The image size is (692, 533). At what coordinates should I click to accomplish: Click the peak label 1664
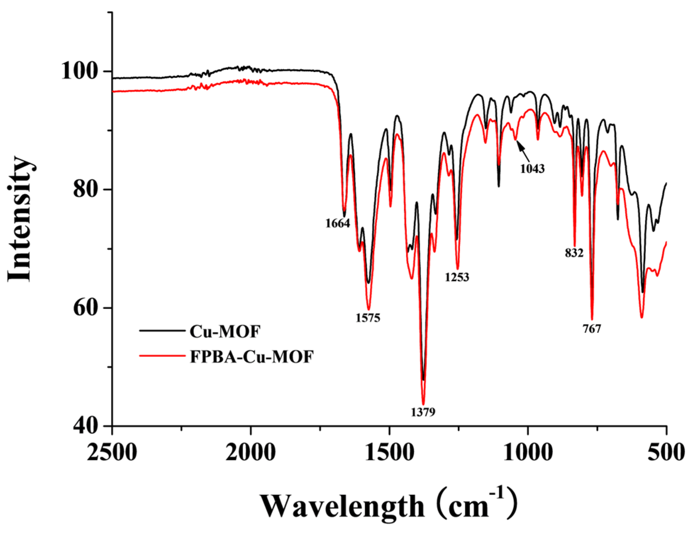(338, 223)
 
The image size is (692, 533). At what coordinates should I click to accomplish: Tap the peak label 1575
(368, 318)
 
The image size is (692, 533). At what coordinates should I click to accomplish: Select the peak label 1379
(423, 412)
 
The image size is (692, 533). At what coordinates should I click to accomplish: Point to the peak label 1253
(457, 277)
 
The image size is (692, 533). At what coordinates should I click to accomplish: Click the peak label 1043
(532, 169)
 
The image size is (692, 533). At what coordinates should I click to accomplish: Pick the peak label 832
(574, 253)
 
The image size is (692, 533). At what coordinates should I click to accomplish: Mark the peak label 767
(592, 329)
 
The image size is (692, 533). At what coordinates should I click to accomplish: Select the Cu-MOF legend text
(225, 331)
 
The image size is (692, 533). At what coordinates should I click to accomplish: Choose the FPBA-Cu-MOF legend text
(252, 357)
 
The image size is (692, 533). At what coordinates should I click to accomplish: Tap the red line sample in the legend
(162, 356)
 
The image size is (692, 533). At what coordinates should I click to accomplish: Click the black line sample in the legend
(162, 330)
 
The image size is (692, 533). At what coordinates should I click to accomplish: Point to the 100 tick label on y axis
(82, 71)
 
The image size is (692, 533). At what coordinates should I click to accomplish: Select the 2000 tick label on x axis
(251, 452)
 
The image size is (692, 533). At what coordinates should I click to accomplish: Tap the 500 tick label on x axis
(666, 452)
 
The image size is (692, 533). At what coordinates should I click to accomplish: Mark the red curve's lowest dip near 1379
(423, 404)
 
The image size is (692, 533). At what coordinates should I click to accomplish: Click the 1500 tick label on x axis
(389, 452)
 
